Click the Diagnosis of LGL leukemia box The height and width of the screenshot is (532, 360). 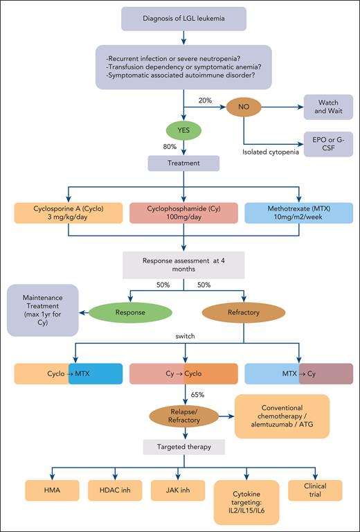pos(184,19)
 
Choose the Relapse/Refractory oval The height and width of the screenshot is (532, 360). pos(183,417)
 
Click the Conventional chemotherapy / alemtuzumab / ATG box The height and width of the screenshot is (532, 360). pos(282,416)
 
